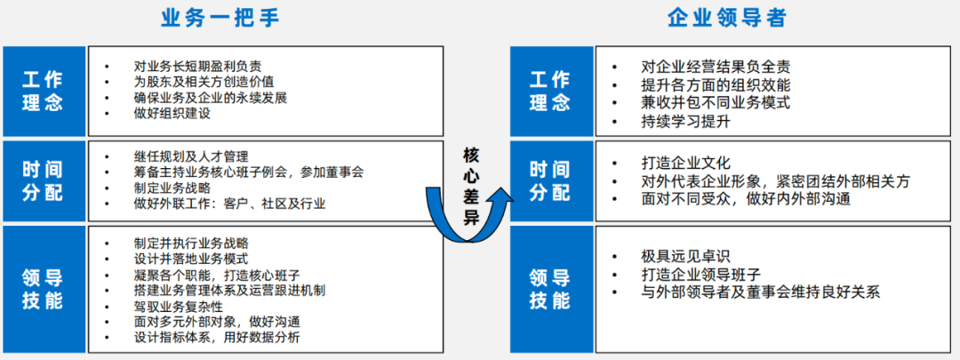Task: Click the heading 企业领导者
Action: coord(726,18)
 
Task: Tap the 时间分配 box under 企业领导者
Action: coord(550,180)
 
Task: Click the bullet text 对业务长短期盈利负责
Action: coord(196,66)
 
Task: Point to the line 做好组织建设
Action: coord(172,114)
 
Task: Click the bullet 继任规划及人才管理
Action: coord(190,156)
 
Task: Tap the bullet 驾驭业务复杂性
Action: coord(178,306)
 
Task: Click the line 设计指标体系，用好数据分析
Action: coord(217,338)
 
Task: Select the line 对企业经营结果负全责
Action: coord(716,67)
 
